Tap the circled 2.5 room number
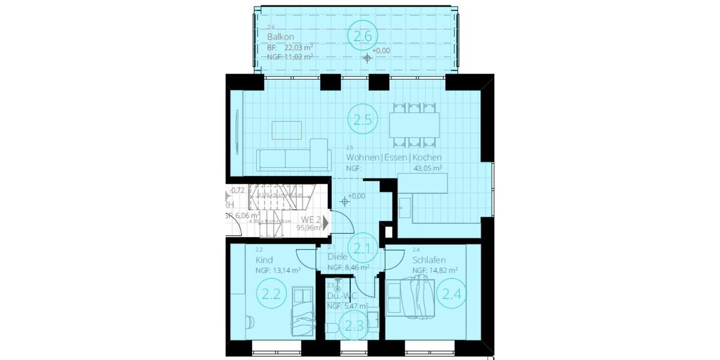click(362, 119)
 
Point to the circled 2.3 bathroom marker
click(352, 326)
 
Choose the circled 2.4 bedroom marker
click(452, 294)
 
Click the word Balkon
click(280, 37)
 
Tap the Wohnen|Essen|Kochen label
click(394, 158)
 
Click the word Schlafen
click(428, 260)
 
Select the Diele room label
click(337, 257)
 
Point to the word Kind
click(264, 260)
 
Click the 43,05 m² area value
click(427, 169)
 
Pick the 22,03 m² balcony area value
click(298, 47)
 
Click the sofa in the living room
click(293, 157)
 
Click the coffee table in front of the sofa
click(287, 129)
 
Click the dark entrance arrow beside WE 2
click(325, 223)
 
